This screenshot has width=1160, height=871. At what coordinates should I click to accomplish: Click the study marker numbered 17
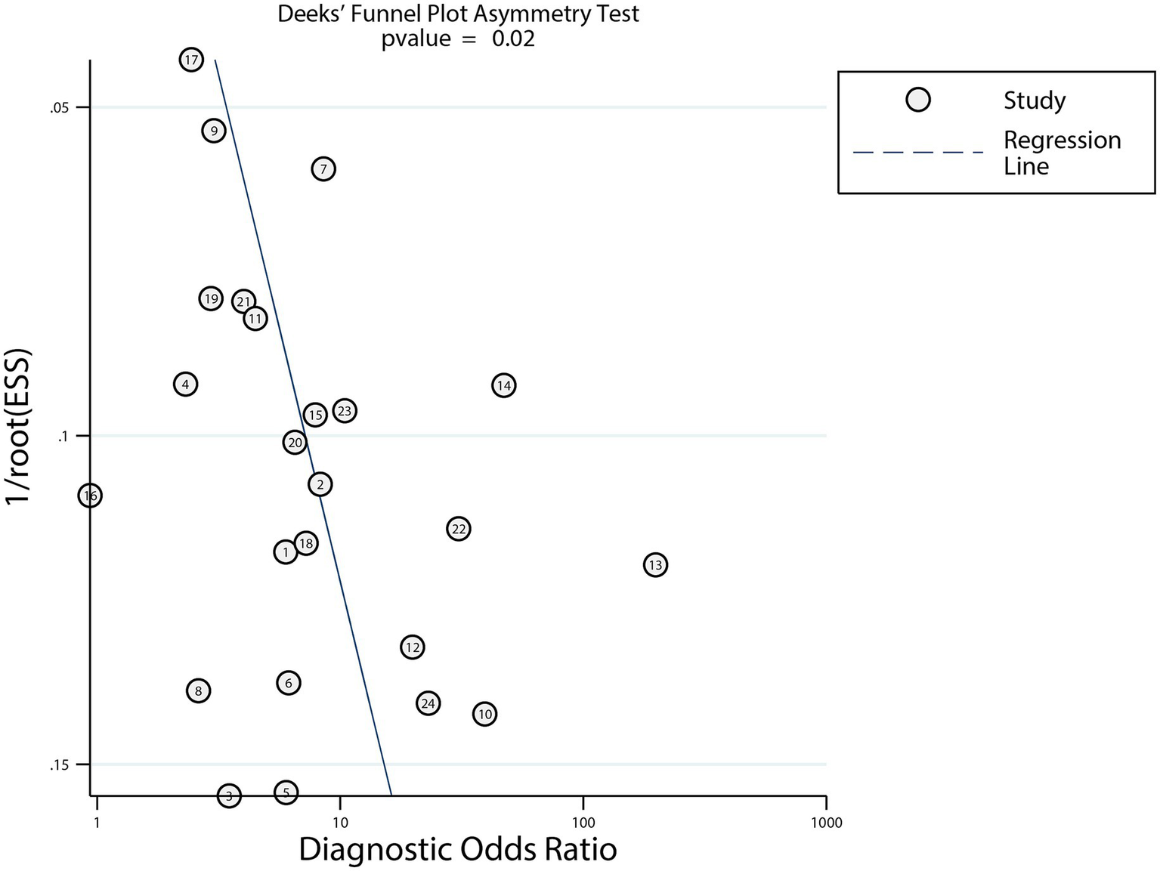click(191, 60)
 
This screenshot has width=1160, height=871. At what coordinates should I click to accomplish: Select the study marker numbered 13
click(655, 564)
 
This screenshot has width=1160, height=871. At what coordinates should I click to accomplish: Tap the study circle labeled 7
click(323, 168)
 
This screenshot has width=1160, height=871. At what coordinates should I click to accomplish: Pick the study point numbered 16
click(91, 496)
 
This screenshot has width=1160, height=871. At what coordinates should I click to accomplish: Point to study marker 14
click(504, 385)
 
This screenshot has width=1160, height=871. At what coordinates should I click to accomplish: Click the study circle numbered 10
click(484, 714)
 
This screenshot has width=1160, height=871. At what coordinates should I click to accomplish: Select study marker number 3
click(229, 795)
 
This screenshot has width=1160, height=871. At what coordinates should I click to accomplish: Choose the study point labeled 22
click(459, 529)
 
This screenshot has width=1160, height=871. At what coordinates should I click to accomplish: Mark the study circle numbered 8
click(198, 690)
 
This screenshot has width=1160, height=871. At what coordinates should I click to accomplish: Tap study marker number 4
click(185, 384)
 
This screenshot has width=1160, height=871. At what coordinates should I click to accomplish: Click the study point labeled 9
click(214, 131)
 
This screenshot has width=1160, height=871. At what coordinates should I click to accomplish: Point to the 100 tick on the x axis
click(583, 823)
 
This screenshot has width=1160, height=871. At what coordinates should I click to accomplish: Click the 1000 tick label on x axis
click(826, 823)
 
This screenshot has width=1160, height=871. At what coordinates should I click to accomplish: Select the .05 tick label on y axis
click(59, 108)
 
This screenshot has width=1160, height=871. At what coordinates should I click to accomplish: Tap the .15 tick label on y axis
click(59, 765)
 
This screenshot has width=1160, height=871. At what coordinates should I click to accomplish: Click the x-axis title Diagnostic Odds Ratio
click(458, 849)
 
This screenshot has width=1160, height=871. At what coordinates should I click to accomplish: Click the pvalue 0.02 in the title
click(458, 39)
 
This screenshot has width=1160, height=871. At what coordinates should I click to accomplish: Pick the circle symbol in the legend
click(917, 100)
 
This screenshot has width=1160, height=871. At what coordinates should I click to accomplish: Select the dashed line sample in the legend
click(917, 153)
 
